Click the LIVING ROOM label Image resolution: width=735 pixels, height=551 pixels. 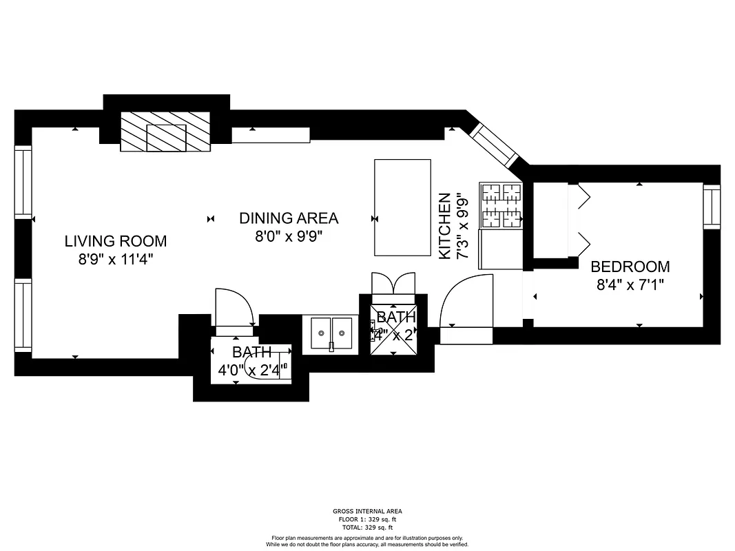click(115, 241)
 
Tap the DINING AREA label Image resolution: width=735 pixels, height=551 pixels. click(289, 218)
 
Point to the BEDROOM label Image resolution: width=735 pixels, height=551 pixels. click(630, 267)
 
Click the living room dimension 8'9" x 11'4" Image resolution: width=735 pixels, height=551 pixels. click(115, 260)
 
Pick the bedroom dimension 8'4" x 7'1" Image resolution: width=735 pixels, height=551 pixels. click(630, 284)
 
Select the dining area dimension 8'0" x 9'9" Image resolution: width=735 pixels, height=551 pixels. click(289, 236)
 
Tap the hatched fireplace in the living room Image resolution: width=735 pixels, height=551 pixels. click(166, 131)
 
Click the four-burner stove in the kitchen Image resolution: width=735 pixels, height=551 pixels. click(501, 205)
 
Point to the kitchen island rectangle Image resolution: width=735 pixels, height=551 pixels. click(402, 207)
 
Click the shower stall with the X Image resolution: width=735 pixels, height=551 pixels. click(394, 330)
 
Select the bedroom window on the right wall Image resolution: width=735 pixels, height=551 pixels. click(711, 206)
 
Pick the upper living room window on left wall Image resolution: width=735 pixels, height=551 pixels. click(23, 183)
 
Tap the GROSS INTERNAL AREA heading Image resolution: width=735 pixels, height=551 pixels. click(367, 511)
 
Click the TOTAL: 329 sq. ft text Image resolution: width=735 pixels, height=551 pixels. click(367, 527)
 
